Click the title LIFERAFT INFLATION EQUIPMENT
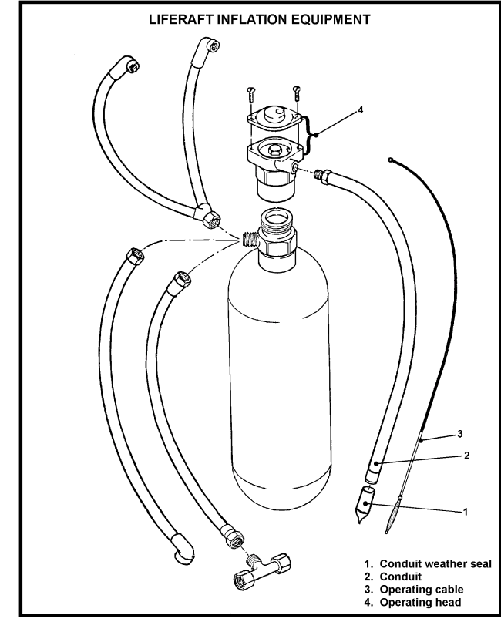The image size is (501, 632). coord(250,17)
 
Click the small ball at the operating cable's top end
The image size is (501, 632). coord(392,160)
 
